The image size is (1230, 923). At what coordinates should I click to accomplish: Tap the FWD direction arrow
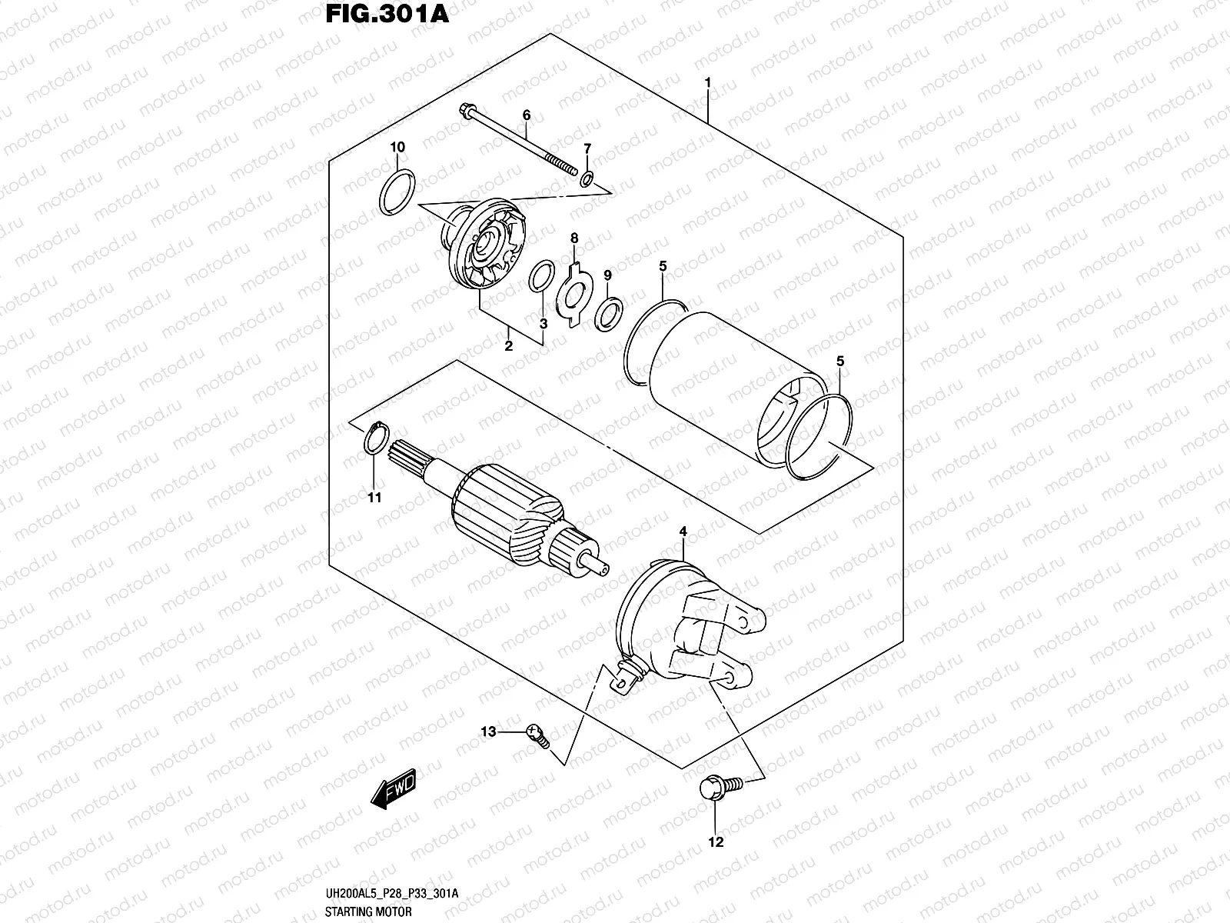394,788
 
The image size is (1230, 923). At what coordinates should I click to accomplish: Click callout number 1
708,82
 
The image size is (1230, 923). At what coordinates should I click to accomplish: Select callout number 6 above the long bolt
527,115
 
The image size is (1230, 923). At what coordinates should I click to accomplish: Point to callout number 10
397,147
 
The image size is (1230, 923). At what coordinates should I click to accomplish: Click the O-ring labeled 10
398,193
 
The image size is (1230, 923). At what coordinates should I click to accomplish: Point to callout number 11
374,498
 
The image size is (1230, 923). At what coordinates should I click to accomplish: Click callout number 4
681,531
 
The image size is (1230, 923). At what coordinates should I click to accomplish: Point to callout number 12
716,842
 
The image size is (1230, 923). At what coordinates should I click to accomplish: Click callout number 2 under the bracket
508,346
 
